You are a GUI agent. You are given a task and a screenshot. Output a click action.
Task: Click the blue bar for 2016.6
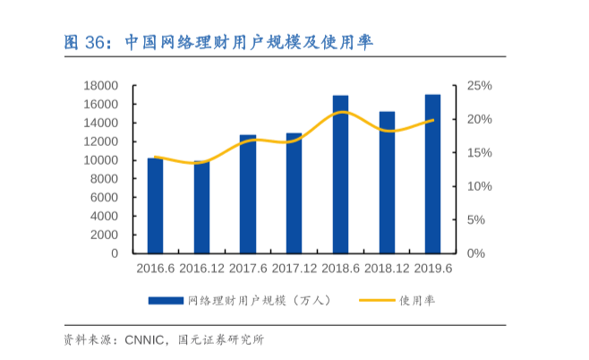point(156,206)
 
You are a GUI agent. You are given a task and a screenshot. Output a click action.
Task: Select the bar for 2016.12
point(201,207)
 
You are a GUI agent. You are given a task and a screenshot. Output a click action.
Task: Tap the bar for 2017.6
point(248,194)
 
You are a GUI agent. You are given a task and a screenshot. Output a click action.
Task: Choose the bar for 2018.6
point(340,175)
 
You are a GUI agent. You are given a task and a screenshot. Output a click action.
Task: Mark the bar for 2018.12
point(387,183)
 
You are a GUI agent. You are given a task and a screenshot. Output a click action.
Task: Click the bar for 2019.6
point(432,174)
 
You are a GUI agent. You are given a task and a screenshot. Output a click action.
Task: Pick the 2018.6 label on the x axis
point(340,268)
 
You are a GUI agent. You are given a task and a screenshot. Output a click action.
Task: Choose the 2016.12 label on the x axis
point(201,268)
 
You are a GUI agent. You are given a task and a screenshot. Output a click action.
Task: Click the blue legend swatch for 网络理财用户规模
point(166,301)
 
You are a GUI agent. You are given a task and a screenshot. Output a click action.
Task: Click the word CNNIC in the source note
point(145,340)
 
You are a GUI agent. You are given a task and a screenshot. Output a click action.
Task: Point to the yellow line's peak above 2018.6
point(341,112)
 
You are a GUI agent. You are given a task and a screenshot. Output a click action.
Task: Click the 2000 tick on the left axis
point(105,235)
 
